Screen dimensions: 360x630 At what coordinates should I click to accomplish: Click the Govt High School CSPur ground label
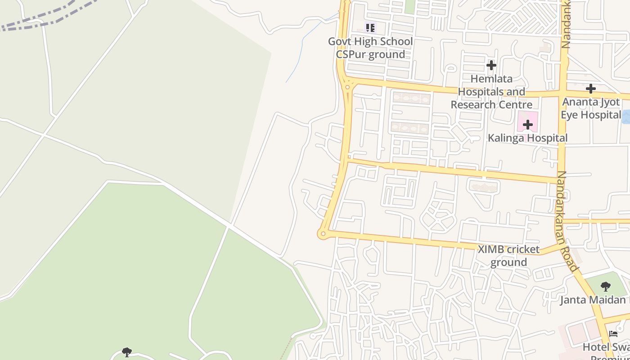click(370, 48)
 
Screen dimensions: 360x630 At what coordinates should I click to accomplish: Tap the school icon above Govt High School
click(370, 28)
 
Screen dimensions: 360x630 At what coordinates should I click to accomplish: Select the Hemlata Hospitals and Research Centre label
click(491, 92)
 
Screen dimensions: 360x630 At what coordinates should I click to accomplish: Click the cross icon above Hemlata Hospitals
click(491, 65)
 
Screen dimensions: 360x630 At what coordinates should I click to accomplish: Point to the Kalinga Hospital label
click(527, 138)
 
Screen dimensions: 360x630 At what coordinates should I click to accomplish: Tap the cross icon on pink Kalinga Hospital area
click(527, 124)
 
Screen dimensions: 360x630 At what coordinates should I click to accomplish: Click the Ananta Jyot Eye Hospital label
click(591, 108)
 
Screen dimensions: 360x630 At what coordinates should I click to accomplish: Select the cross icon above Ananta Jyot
click(591, 89)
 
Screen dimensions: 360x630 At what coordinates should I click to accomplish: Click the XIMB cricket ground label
click(508, 256)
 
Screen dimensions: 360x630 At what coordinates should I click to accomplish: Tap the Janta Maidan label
click(593, 300)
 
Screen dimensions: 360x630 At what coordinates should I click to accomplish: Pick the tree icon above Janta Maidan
click(606, 286)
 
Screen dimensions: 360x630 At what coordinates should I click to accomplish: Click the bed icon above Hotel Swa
click(613, 334)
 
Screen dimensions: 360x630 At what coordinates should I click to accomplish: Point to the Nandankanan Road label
click(567, 220)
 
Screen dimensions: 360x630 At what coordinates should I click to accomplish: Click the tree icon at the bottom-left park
click(127, 352)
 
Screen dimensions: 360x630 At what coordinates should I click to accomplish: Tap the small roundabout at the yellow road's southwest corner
click(322, 234)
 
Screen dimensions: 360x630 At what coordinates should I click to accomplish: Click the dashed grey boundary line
click(45, 20)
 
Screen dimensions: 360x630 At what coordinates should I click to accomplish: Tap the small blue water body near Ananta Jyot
click(625, 116)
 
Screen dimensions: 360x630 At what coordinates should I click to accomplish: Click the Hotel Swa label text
click(606, 347)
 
